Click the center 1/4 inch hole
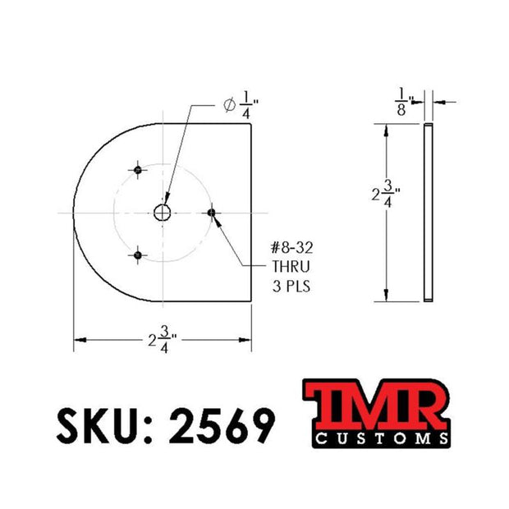click(163, 213)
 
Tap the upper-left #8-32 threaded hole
click(138, 170)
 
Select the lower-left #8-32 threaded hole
click(138, 255)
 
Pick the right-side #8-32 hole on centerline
click(211, 213)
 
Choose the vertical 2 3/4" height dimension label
click(386, 194)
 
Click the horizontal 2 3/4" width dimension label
click(163, 340)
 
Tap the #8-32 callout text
click(291, 248)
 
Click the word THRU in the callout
click(291, 267)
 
